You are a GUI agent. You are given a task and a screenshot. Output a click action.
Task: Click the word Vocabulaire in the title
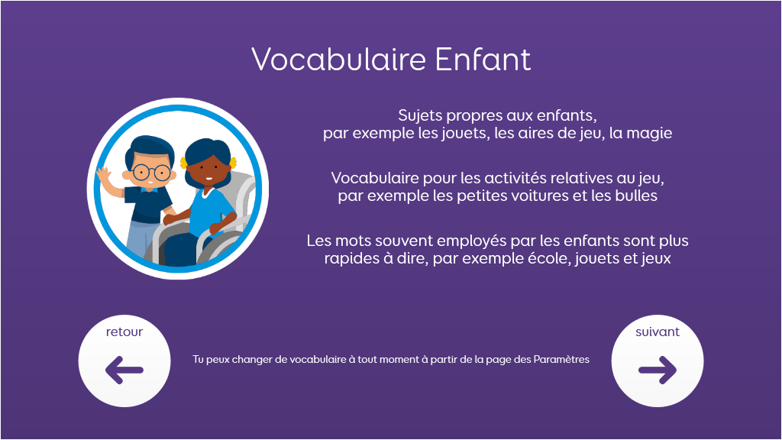(x=338, y=60)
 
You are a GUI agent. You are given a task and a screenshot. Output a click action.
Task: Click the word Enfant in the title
(x=483, y=60)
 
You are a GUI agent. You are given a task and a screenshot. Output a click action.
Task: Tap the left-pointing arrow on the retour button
(x=124, y=370)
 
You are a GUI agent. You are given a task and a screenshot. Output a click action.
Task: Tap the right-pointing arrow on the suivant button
(x=658, y=370)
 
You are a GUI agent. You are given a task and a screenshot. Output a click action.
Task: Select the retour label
(x=124, y=332)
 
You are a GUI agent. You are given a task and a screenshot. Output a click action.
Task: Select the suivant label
(x=658, y=332)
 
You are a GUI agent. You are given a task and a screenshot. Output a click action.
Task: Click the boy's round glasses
(x=152, y=173)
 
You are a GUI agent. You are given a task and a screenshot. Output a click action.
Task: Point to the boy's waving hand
(x=104, y=176)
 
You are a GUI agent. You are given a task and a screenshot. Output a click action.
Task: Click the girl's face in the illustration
(x=207, y=170)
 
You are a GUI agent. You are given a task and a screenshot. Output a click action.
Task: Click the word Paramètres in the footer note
(x=561, y=359)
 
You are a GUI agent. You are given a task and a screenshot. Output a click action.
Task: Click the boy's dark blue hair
(x=149, y=148)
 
